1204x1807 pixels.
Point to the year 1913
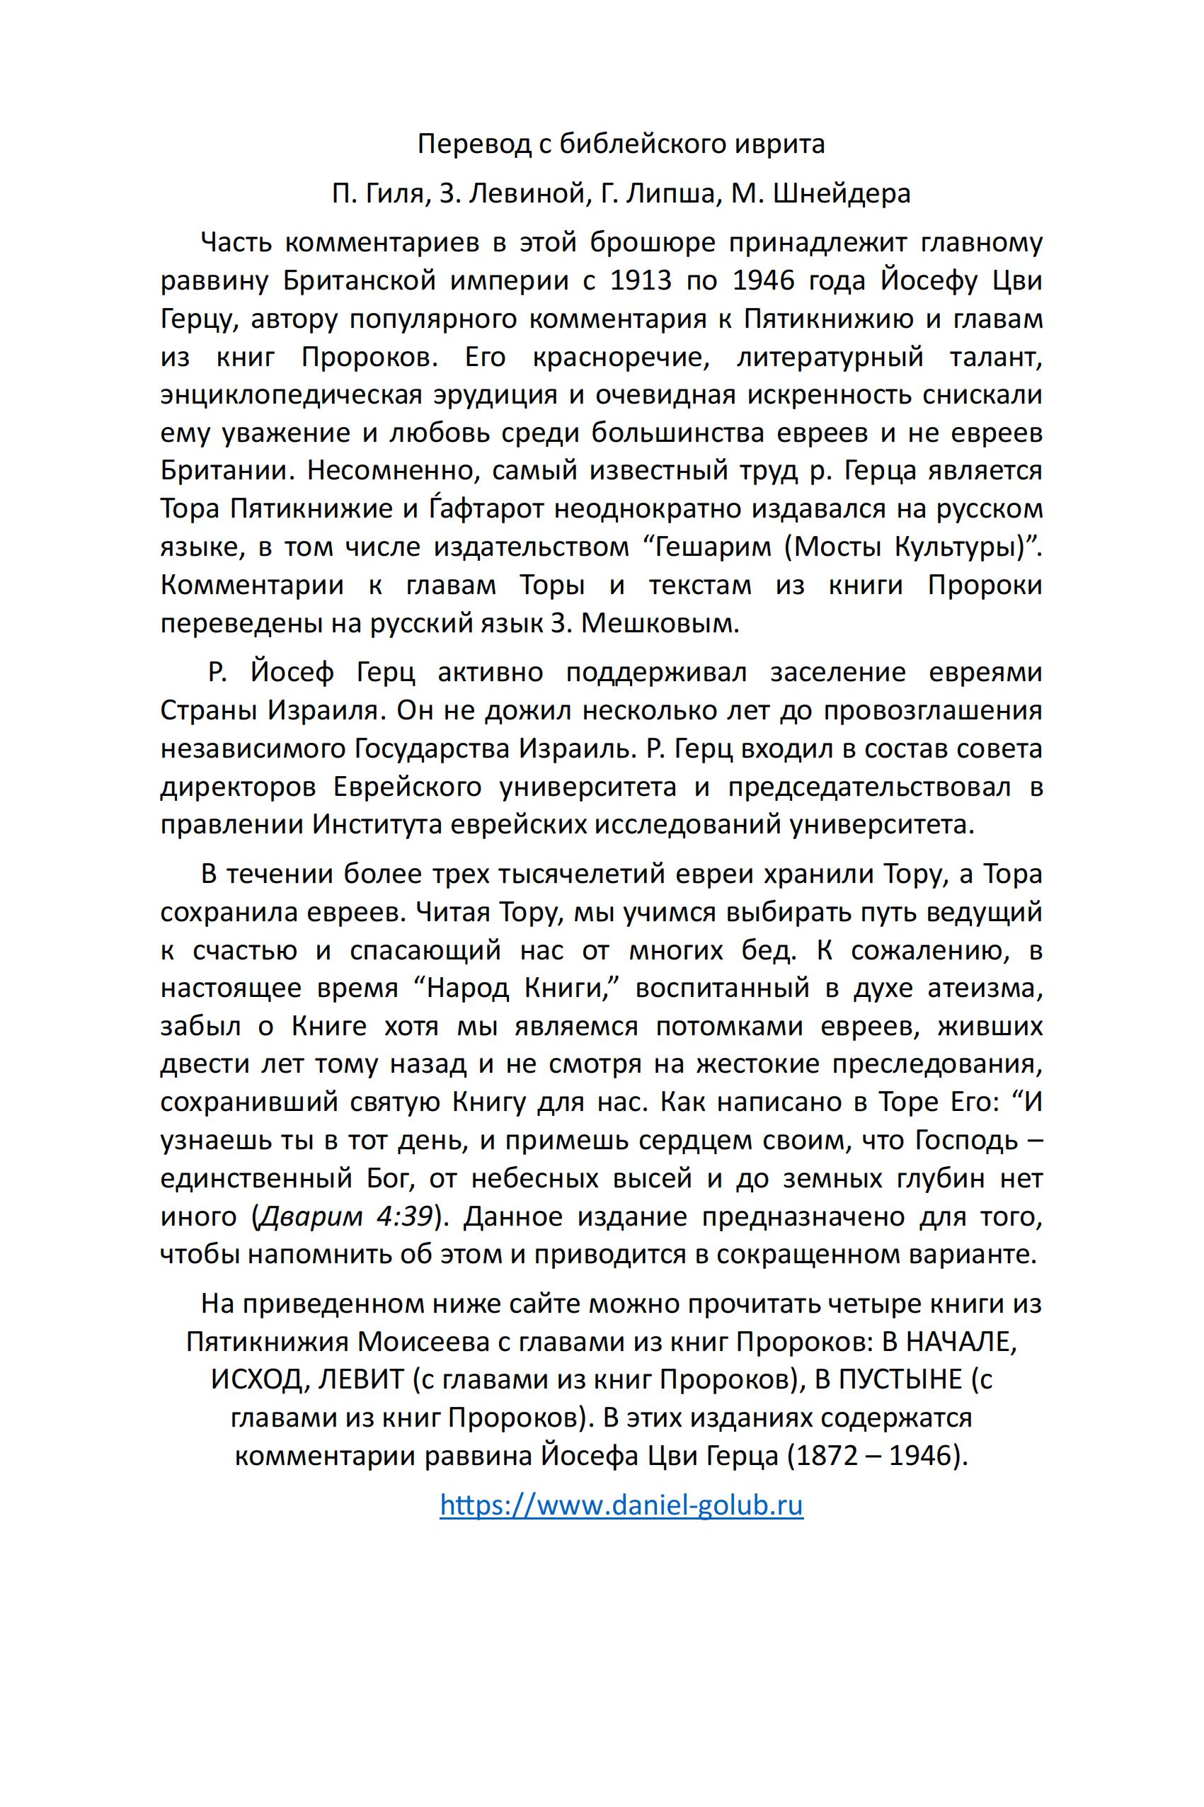coord(641,281)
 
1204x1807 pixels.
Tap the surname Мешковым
coord(660,623)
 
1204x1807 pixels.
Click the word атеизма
coord(985,988)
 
